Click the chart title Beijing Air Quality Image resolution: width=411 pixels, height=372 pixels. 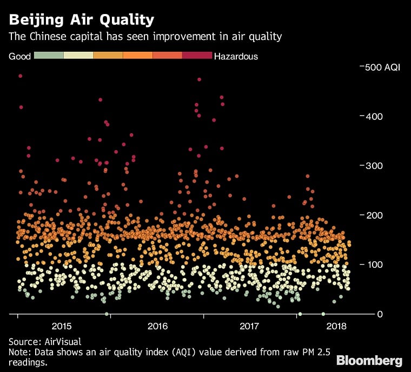click(81, 20)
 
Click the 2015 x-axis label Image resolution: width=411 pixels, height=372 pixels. click(62, 326)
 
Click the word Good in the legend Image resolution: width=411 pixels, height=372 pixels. click(19, 56)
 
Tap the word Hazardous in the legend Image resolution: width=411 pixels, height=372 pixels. click(236, 56)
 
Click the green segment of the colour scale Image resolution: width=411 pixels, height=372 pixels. click(49, 56)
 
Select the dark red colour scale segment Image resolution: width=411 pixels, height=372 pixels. click(197, 56)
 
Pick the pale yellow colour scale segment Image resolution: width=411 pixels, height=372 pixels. click(78, 56)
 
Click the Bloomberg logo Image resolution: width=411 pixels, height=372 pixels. click(369, 360)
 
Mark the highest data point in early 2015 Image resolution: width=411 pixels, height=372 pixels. click(21, 76)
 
